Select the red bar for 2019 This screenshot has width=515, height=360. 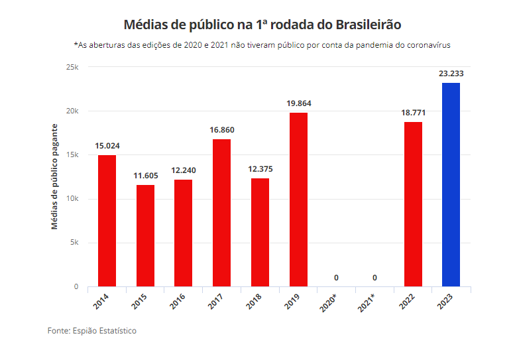coord(298,200)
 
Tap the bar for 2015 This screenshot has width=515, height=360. coord(145,235)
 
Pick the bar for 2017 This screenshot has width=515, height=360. coord(221,212)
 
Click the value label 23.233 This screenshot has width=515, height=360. coord(451,74)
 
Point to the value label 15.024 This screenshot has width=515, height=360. coord(107,146)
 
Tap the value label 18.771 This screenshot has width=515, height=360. coord(412,113)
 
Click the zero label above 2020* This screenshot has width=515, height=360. coord(337,277)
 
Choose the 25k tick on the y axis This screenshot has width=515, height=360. coord(72,68)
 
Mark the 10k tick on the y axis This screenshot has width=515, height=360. coord(72,199)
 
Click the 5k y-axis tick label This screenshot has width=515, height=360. coord(74,243)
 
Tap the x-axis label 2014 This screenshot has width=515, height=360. coord(101,302)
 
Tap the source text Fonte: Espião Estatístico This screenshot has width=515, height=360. coord(92,330)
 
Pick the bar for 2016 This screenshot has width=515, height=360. coord(183,233)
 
